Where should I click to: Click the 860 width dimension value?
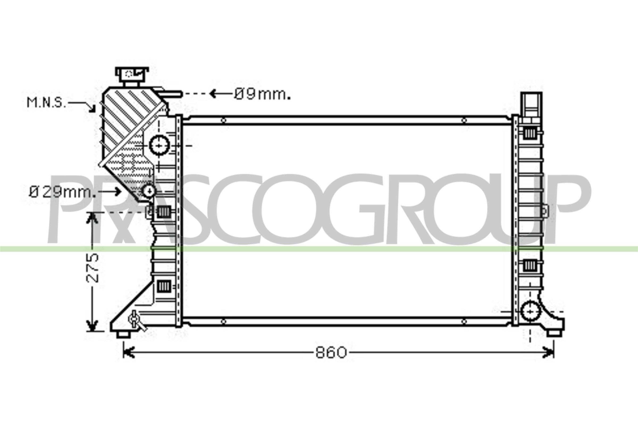(x=331, y=353)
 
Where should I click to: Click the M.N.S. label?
(x=46, y=103)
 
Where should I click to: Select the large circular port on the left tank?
(x=159, y=146)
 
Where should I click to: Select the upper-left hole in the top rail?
(x=223, y=120)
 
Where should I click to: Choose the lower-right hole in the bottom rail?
(x=464, y=322)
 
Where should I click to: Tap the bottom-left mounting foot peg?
(x=123, y=334)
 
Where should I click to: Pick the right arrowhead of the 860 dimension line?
(x=550, y=353)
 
